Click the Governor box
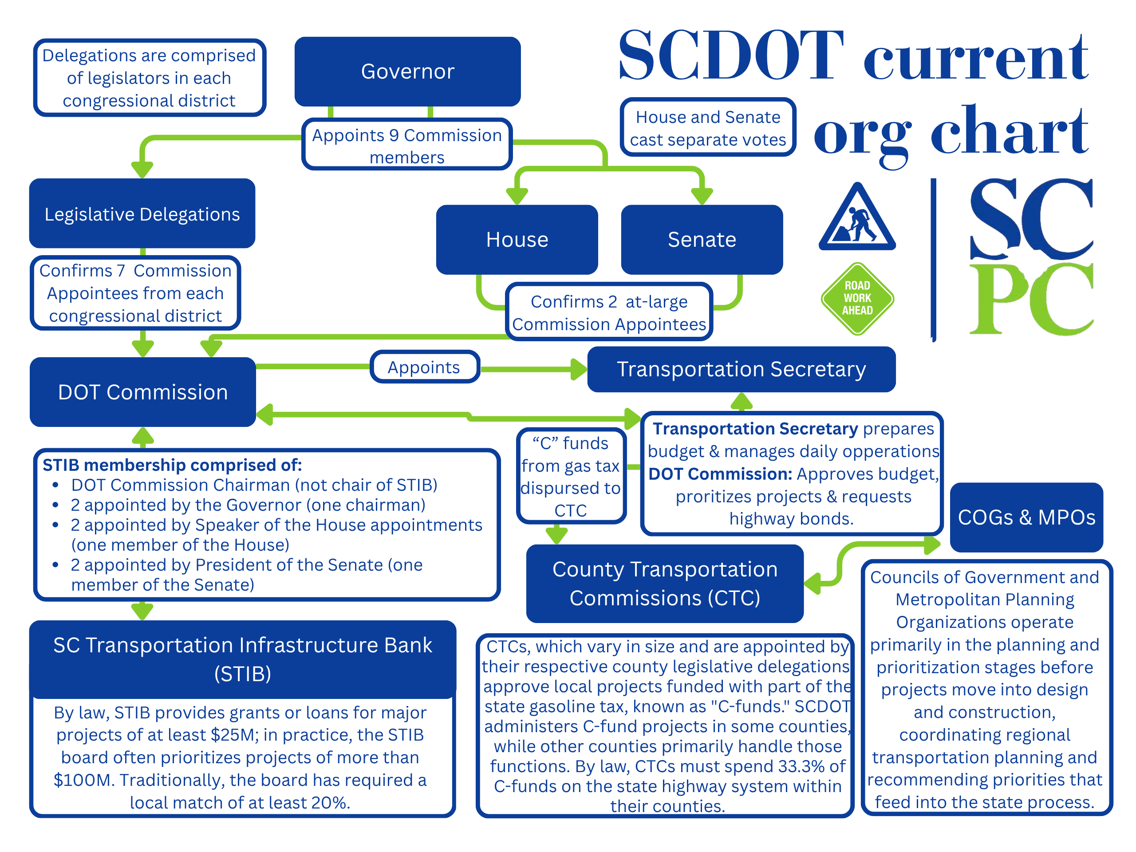coord(407,71)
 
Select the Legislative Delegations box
coord(142,213)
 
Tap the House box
coord(517,239)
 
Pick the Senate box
coord(702,239)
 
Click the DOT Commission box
coord(143,392)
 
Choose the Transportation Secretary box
coord(741,369)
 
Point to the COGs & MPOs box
coord(1026,517)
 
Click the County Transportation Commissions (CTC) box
coord(665,584)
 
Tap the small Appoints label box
coord(424,367)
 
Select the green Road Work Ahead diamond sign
coord(857,298)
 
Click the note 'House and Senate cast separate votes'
coord(708,128)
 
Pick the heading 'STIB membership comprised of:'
coord(173,465)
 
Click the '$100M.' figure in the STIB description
coord(84,780)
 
